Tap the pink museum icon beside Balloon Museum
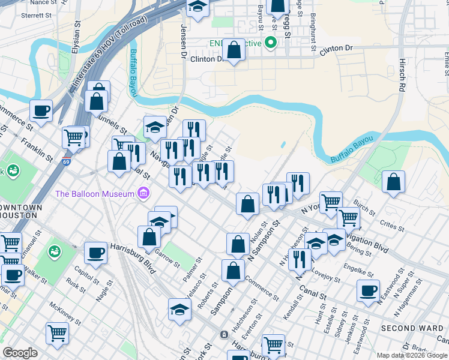[143, 193]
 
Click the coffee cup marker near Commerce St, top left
[41, 111]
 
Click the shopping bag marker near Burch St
[393, 182]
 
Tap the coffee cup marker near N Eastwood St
[368, 290]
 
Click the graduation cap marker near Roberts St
[179, 310]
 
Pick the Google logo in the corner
[20, 353]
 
